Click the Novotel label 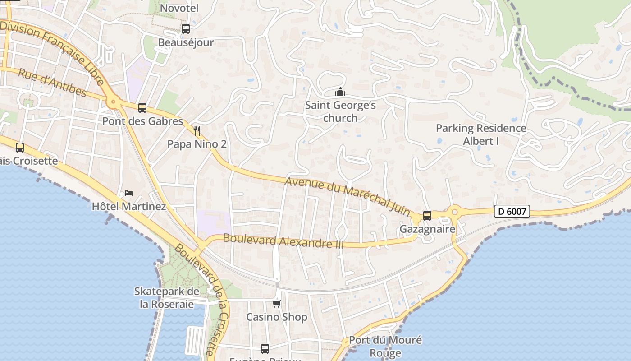[x=179, y=8]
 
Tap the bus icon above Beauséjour [x=185, y=29]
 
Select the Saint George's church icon [x=340, y=92]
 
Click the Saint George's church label [x=340, y=111]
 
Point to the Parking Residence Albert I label [x=481, y=134]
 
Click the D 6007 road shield [x=512, y=211]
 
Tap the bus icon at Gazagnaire [x=427, y=216]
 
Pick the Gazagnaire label [x=427, y=229]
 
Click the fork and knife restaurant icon [x=197, y=131]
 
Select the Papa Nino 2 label [x=197, y=144]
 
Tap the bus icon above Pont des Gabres [x=142, y=108]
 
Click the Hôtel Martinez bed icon [x=129, y=193]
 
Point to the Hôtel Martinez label [x=129, y=207]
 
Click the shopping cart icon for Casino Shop [x=276, y=304]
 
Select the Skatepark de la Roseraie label [x=167, y=298]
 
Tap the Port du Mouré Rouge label [x=385, y=346]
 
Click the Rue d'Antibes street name [x=52, y=82]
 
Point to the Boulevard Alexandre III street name [x=283, y=241]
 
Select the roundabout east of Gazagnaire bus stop [x=454, y=211]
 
